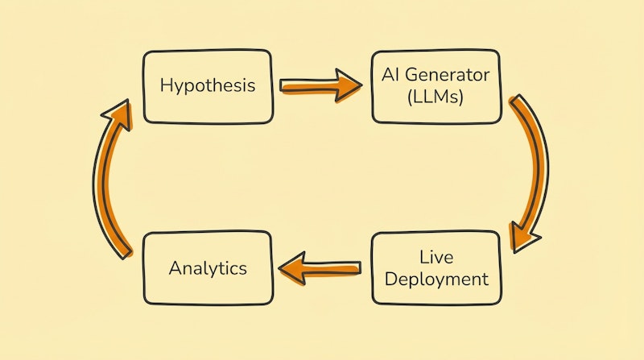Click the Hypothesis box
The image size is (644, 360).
[x=208, y=86]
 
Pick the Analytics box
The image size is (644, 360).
[x=208, y=269]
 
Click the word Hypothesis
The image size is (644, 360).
[x=208, y=85]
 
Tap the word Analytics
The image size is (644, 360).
[x=208, y=269]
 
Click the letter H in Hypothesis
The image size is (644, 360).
[x=165, y=85]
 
